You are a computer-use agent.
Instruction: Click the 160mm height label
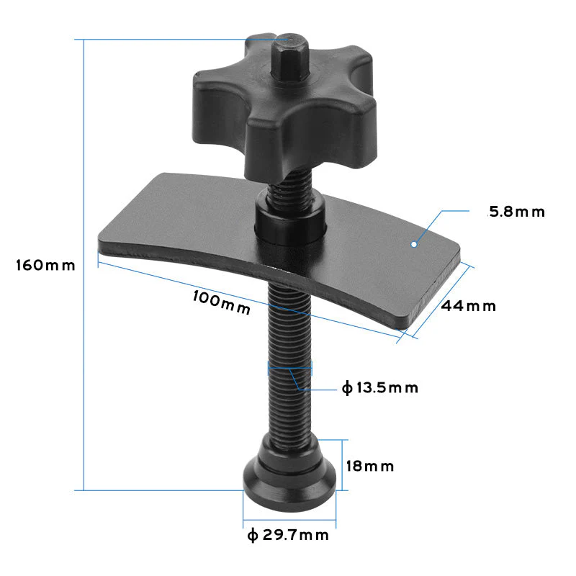pyautogui.click(x=45, y=265)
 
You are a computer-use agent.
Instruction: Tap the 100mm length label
pyautogui.click(x=222, y=302)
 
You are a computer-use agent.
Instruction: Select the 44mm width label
pyautogui.click(x=469, y=306)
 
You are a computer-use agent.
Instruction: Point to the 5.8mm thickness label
pyautogui.click(x=516, y=212)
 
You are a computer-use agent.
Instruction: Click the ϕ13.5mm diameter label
pyautogui.click(x=380, y=388)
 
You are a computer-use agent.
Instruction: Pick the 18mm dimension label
pyautogui.click(x=370, y=466)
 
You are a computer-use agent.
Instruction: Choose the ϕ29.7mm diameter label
pyautogui.click(x=287, y=535)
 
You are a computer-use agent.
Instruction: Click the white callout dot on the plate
pyautogui.click(x=414, y=245)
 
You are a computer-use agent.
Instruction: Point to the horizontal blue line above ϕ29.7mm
pyautogui.click(x=289, y=520)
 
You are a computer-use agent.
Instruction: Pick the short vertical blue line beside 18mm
pyautogui.click(x=348, y=464)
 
